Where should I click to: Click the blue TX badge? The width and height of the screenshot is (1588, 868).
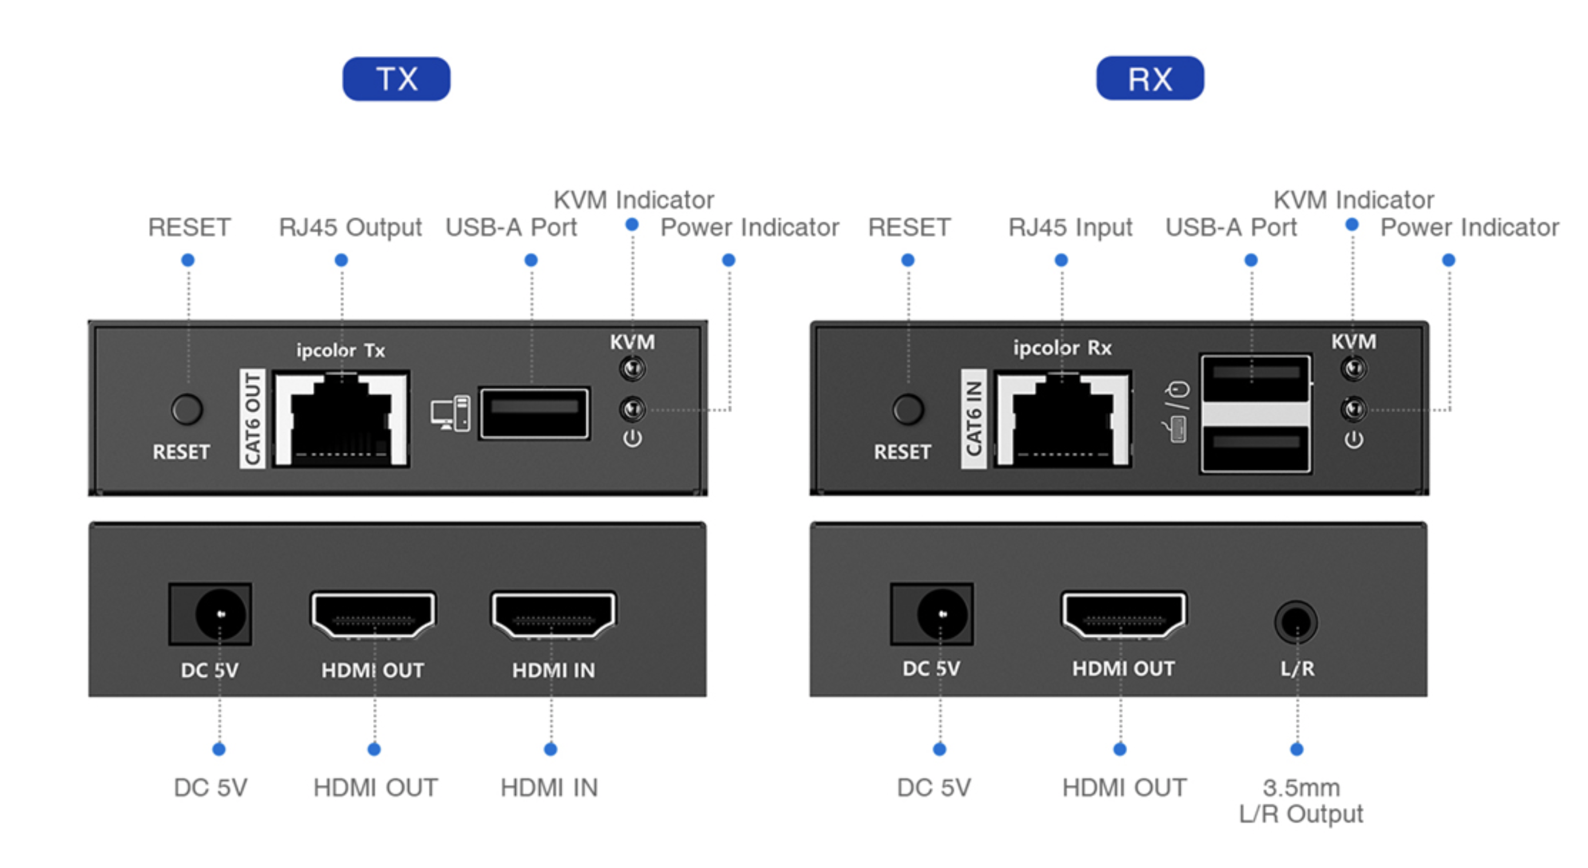pos(396,79)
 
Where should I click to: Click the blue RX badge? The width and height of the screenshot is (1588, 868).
pos(1149,78)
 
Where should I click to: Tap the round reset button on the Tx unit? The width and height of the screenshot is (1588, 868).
pos(187,409)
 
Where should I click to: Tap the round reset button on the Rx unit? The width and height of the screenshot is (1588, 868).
pos(908,409)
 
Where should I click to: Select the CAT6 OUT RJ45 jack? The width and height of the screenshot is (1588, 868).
pos(341,419)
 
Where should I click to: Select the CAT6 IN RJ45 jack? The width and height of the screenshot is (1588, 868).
pos(1062,419)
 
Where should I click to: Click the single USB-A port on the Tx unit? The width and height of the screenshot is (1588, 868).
pos(534,412)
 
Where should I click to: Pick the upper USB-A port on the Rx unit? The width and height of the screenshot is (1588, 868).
pos(1255,377)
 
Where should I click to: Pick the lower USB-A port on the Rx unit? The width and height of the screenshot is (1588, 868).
pos(1255,448)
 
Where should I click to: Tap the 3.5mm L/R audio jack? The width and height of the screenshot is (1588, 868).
pos(1296,622)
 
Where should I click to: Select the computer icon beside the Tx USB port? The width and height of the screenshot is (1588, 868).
pos(450,413)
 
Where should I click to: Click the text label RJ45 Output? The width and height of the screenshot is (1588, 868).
pos(350,227)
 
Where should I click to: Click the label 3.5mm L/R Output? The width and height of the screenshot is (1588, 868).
pos(1301,800)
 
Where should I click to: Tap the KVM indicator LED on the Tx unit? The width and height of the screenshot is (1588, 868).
pos(632,369)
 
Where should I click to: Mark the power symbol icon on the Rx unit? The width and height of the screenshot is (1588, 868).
pos(1354,440)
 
